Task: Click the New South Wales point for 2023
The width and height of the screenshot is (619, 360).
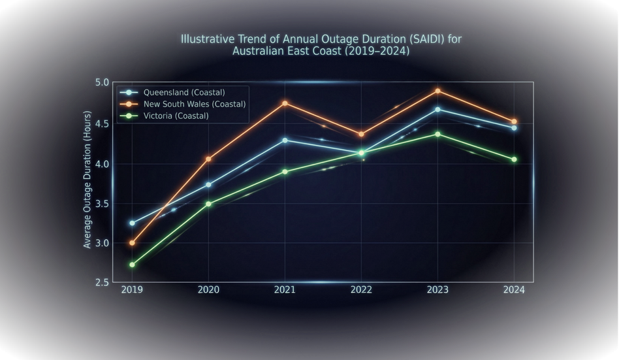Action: [437, 91]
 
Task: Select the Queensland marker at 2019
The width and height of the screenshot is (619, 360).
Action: [132, 223]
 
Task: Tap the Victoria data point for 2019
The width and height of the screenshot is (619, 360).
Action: [132, 265]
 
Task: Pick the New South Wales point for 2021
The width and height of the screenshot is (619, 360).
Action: [285, 103]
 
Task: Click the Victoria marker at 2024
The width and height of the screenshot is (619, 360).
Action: [514, 159]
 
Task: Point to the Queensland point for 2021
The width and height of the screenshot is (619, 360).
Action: [285, 140]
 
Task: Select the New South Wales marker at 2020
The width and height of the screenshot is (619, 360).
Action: [208, 159]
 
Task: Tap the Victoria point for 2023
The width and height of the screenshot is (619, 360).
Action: [437, 134]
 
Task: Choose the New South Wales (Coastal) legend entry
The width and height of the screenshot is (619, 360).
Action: [194, 104]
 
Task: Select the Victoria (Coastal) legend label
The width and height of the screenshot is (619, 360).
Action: [176, 116]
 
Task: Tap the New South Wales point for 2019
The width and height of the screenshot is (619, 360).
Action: [132, 243]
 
